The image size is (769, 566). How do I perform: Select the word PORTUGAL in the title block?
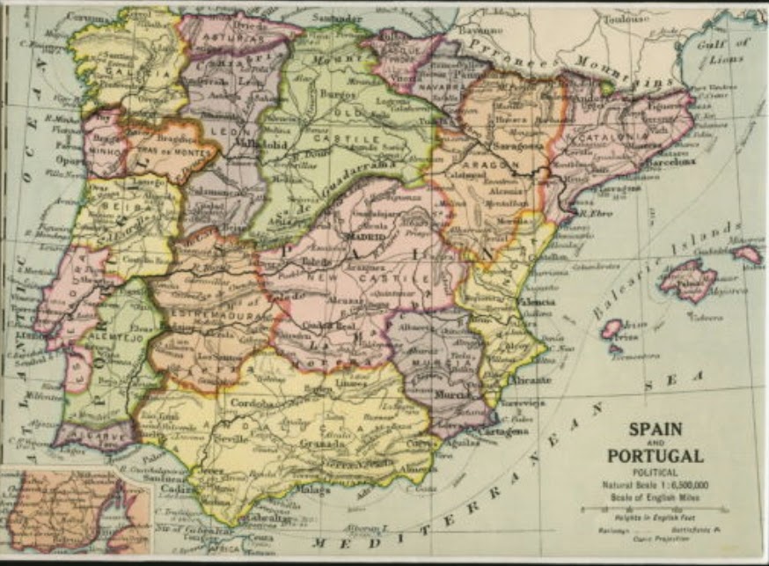[x=655, y=456]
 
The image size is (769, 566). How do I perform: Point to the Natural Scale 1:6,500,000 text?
[x=655, y=485]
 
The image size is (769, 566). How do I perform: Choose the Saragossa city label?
[x=516, y=145]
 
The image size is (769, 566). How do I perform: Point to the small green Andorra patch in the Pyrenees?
[x=606, y=87]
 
